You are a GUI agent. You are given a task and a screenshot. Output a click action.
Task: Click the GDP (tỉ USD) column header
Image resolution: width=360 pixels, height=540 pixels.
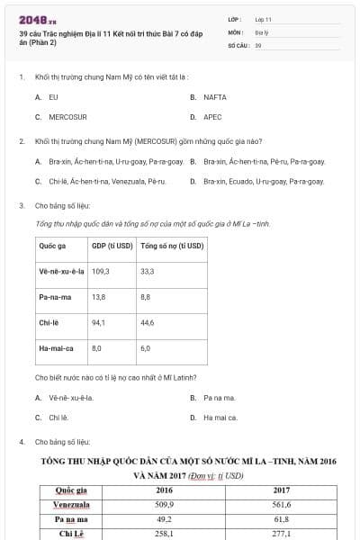point(112,245)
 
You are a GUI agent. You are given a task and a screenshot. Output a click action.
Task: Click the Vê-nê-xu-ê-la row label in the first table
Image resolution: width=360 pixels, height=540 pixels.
point(61,270)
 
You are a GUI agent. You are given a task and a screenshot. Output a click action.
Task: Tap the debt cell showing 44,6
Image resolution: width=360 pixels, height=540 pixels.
point(148,321)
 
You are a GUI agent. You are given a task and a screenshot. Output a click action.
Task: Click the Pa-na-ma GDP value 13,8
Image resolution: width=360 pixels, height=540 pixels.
point(99,296)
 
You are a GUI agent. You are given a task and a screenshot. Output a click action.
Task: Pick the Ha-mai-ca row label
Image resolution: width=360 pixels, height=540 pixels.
point(57,346)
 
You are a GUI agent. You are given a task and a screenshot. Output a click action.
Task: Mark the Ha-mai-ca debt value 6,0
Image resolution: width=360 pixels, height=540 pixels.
point(146,346)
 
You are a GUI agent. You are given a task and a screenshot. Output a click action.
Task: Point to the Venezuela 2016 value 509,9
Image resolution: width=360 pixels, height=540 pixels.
point(165,505)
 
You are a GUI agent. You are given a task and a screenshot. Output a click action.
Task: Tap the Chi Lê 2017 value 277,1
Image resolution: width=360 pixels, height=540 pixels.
point(282,534)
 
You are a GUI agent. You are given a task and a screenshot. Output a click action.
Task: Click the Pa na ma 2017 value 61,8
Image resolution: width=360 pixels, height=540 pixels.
point(282,519)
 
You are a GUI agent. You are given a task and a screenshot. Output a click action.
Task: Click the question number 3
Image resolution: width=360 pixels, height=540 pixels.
point(21,205)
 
